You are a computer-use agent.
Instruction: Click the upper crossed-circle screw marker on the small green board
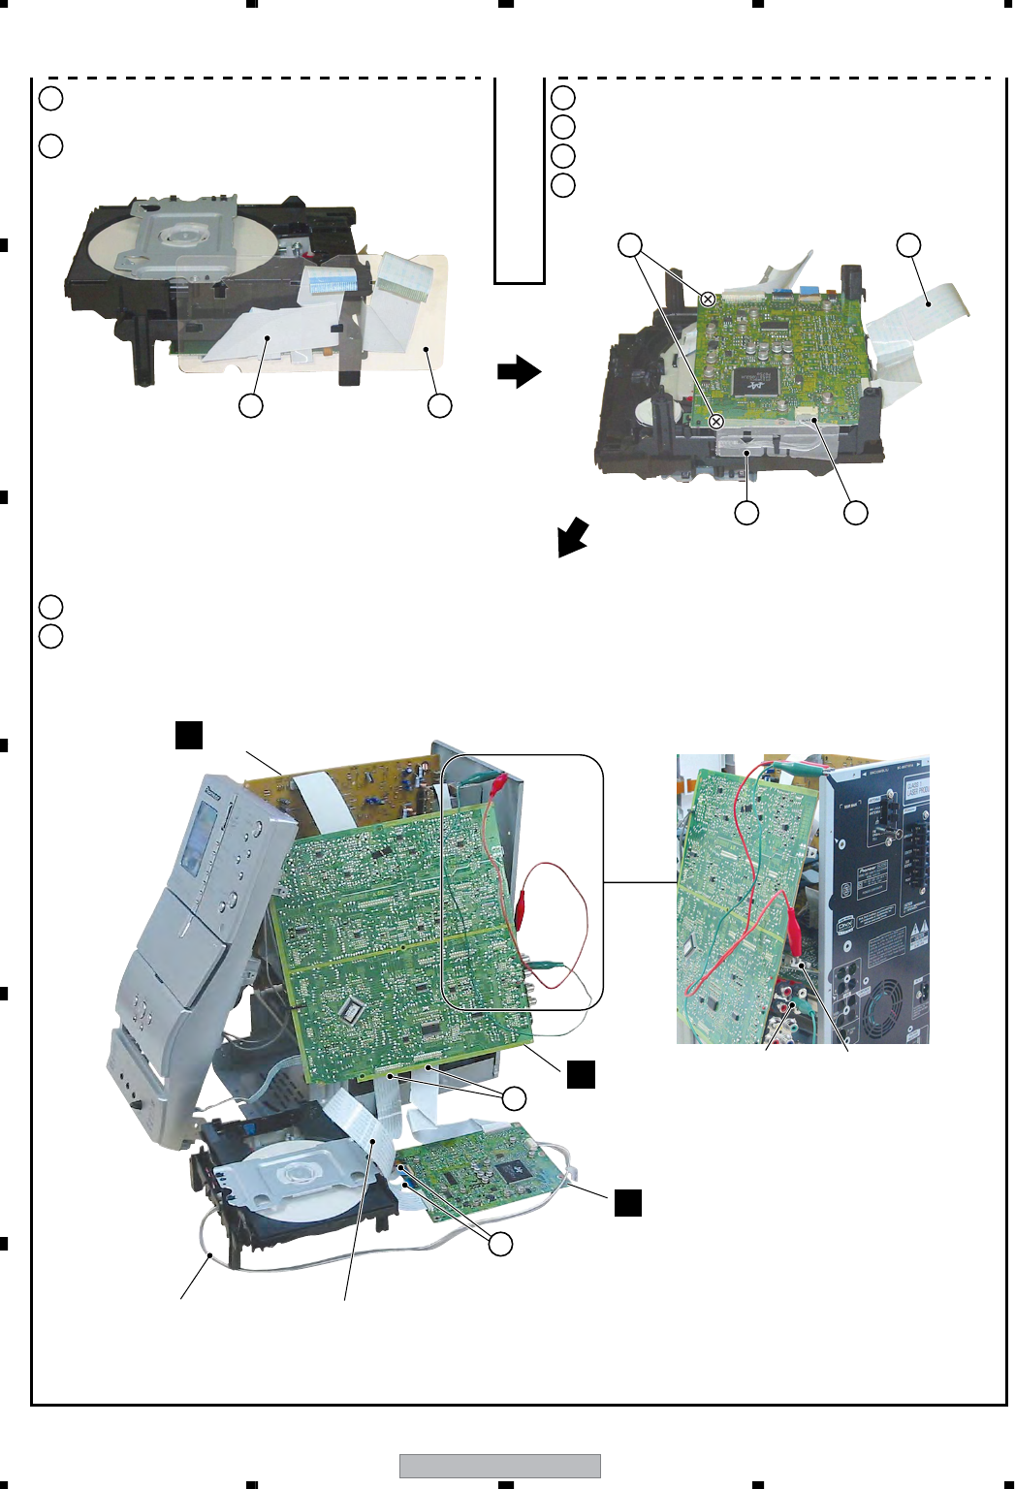[x=708, y=299]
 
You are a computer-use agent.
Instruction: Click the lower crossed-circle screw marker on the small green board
[x=716, y=422]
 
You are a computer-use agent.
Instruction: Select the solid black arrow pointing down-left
[x=572, y=536]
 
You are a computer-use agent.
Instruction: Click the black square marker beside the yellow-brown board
[x=188, y=735]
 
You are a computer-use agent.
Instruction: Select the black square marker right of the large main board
[x=581, y=1074]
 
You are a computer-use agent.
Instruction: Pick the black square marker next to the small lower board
[x=627, y=1202]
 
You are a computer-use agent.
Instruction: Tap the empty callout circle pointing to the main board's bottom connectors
[x=514, y=1097]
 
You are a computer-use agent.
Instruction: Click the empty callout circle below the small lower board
[x=500, y=1244]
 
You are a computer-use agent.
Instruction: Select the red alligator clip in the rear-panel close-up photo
[x=792, y=932]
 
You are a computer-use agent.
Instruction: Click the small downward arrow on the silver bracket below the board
[x=746, y=451]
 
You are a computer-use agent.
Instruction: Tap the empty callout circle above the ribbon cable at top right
[x=908, y=244]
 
